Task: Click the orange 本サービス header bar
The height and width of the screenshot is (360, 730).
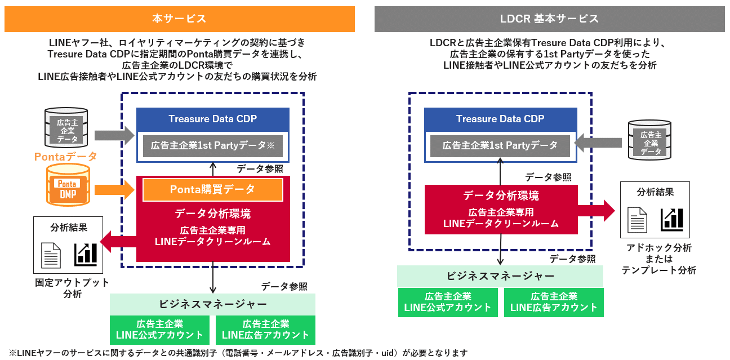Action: tap(179, 19)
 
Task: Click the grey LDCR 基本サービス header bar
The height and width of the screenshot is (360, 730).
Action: tap(549, 19)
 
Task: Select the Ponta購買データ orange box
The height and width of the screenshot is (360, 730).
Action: tap(212, 190)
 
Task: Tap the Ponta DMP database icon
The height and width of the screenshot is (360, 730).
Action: tap(68, 184)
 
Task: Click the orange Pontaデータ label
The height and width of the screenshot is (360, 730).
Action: tap(66, 156)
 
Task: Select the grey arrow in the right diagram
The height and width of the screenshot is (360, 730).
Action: tap(599, 145)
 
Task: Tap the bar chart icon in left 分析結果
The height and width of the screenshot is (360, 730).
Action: tap(86, 254)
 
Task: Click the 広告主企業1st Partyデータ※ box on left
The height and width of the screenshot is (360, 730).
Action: tap(212, 145)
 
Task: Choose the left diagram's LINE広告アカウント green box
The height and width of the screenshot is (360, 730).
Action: tap(265, 330)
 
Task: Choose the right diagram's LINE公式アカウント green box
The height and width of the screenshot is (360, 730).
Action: tap(448, 302)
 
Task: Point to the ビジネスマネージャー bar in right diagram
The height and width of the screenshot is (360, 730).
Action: tap(500, 276)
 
